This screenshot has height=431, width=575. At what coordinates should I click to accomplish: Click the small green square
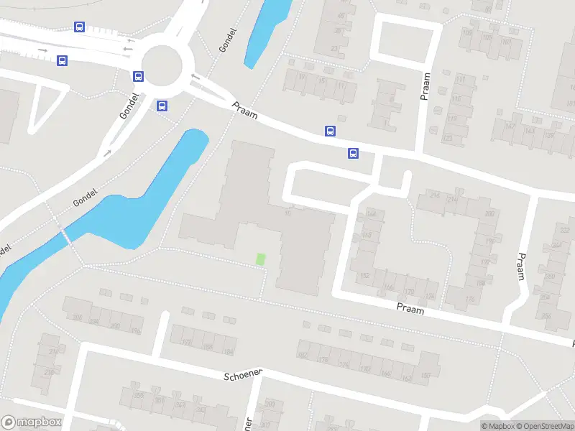point(260,258)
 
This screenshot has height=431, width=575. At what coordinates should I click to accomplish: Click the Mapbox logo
point(31,422)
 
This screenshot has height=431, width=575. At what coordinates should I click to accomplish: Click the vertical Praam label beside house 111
point(425,85)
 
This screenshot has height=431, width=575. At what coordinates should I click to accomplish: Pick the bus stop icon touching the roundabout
point(138,76)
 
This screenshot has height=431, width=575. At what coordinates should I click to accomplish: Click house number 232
point(565,230)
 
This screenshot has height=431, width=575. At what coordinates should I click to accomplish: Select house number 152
point(364,276)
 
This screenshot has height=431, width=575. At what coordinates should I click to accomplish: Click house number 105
point(467,33)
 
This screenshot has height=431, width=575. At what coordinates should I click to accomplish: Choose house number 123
point(448,137)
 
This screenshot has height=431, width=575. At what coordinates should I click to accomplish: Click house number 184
point(229,351)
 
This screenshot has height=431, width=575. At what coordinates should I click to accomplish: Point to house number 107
point(505,42)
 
